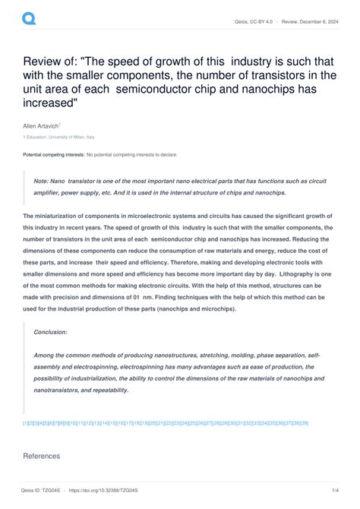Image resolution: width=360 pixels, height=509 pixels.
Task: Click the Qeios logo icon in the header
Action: click(x=30, y=17)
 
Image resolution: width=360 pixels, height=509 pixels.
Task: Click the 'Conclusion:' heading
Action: click(x=51, y=332)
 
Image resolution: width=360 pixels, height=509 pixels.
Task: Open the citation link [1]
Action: click(x=26, y=422)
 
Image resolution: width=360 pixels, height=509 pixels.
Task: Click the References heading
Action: click(x=42, y=457)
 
